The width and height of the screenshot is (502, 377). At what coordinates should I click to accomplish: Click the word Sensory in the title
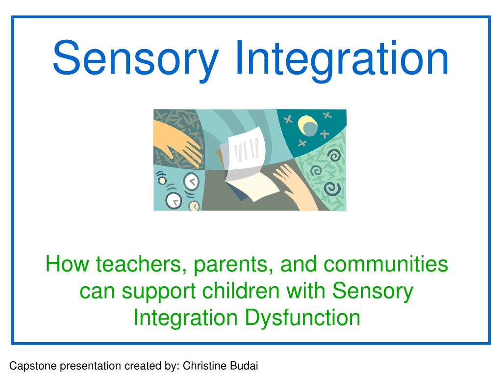135,59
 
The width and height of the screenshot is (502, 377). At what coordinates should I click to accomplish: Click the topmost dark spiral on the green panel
334,156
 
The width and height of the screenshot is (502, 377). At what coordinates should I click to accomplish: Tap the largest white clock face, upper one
191,182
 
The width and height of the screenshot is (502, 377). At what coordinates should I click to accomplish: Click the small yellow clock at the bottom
194,206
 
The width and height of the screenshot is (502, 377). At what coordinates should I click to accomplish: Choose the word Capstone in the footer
30,365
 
